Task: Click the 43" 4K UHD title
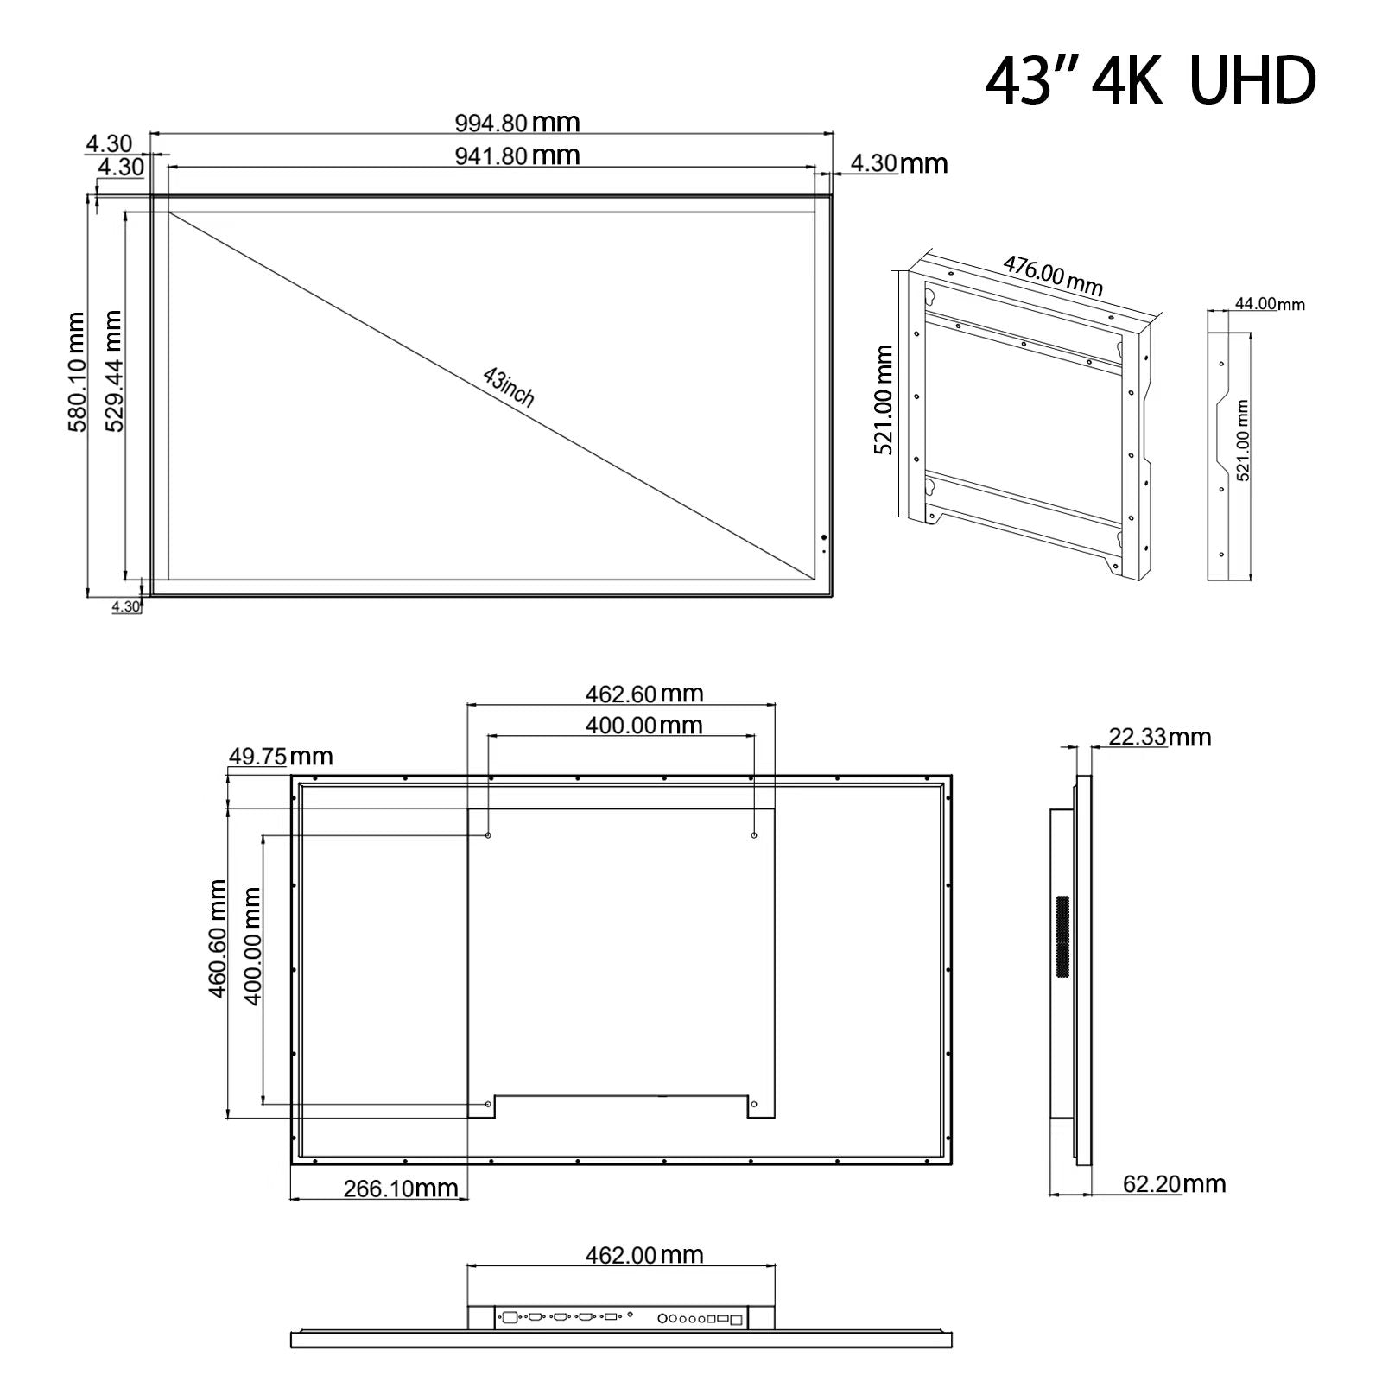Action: point(1151,81)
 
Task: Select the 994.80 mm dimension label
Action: point(517,123)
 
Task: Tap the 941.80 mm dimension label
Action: point(517,155)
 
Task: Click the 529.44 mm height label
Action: point(112,371)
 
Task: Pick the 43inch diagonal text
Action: point(510,387)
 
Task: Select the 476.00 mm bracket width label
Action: point(1053,275)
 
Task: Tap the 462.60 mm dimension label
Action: point(644,694)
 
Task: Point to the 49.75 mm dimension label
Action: point(281,757)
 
